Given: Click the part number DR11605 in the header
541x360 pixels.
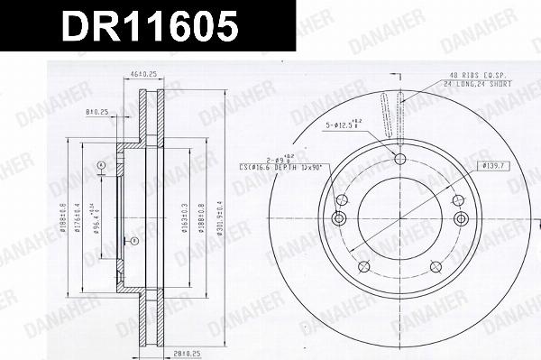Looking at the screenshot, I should point(149,28).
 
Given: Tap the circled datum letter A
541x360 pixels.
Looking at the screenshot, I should point(102,164).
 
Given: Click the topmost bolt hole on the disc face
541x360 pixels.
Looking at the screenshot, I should point(399,160).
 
